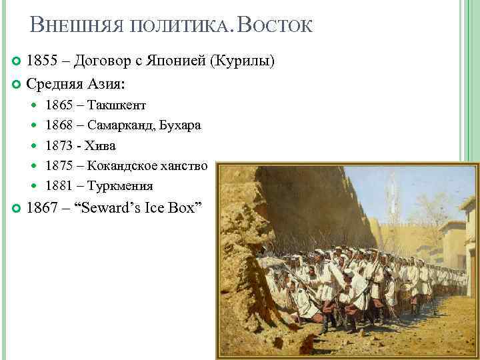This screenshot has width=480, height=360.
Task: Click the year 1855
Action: pos(41,62)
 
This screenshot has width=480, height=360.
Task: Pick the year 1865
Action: pos(59,105)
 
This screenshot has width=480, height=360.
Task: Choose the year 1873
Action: pos(59,145)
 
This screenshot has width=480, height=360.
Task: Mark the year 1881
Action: pos(59,186)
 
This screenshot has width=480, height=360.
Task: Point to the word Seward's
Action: pos(111,208)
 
